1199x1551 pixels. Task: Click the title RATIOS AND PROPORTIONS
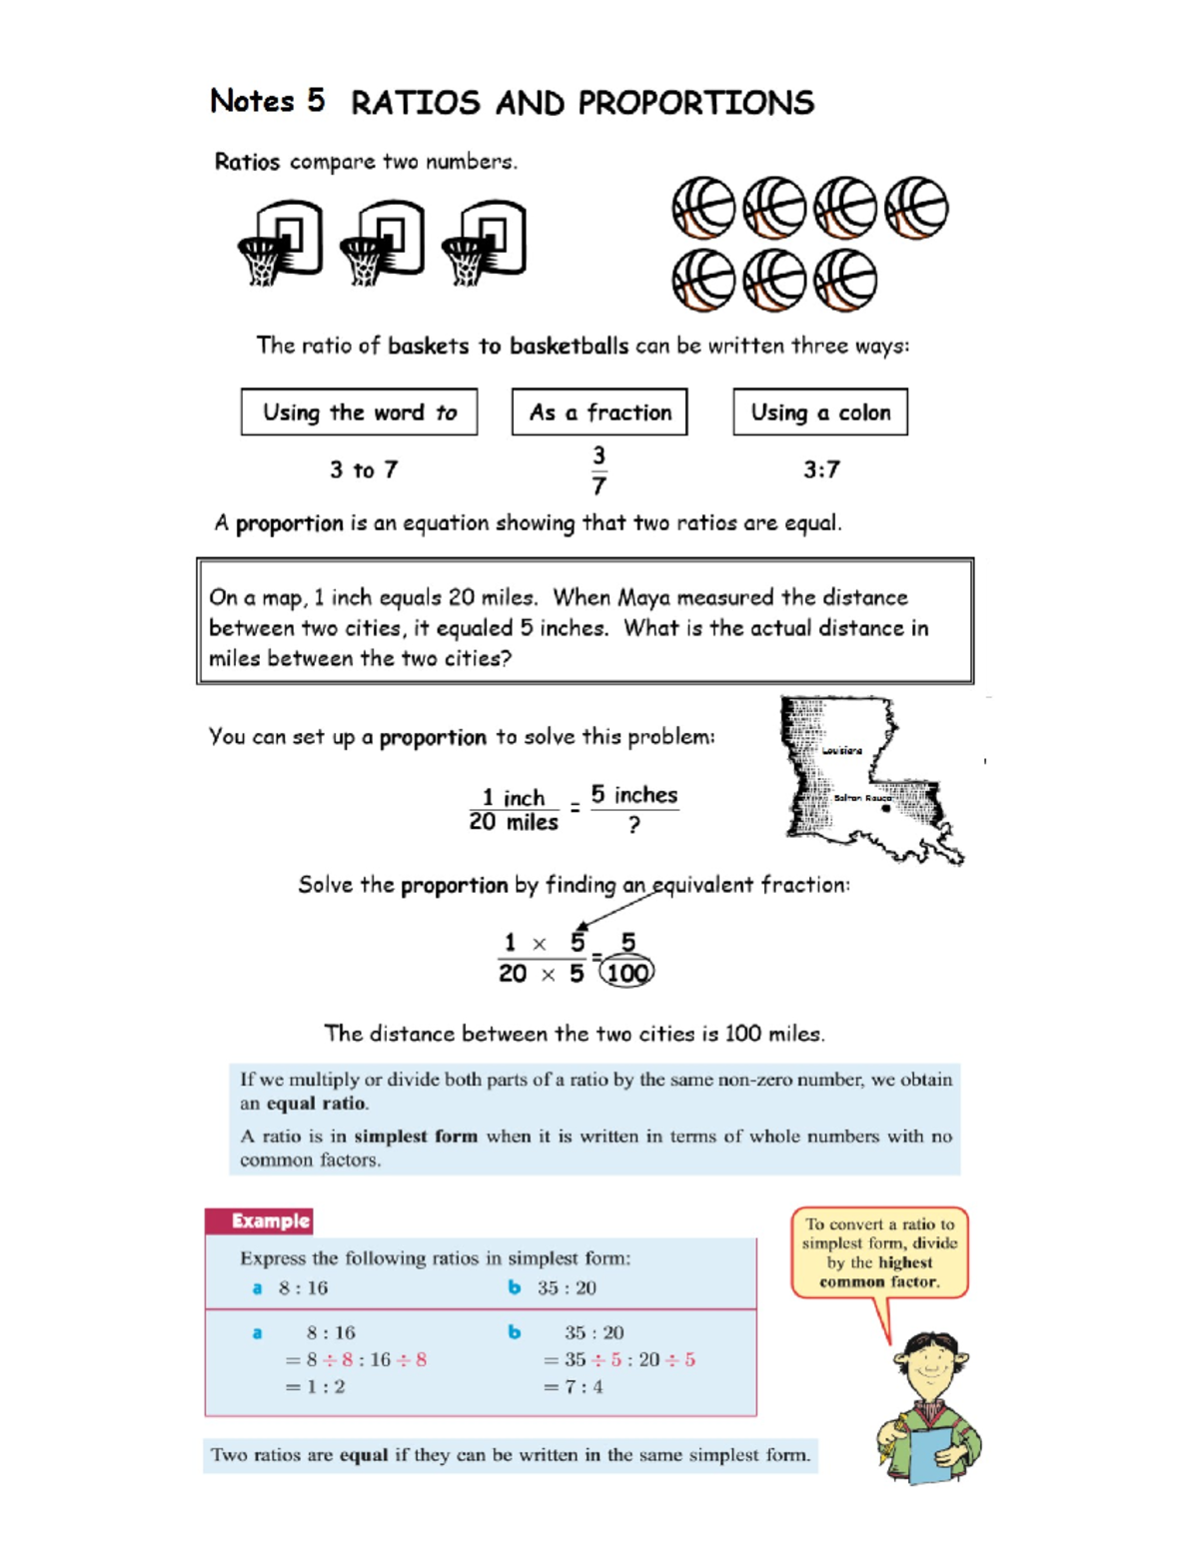point(582,103)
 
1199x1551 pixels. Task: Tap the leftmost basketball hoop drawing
point(281,242)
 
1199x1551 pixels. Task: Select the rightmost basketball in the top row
point(916,208)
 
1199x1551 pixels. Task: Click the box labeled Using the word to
point(359,412)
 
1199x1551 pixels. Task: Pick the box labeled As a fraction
point(599,412)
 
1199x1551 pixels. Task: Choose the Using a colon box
point(820,412)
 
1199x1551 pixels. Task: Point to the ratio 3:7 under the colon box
point(821,469)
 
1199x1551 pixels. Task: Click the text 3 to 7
point(364,469)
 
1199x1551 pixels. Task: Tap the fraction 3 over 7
point(599,470)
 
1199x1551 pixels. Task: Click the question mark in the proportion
point(633,825)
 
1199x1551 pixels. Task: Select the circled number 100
point(626,973)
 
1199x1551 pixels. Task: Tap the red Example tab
point(260,1220)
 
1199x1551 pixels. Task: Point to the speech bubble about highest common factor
point(879,1252)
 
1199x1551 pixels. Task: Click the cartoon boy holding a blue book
point(929,1408)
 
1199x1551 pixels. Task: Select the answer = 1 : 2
point(316,1386)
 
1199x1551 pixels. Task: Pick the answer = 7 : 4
point(574,1386)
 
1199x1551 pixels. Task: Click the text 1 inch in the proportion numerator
point(514,797)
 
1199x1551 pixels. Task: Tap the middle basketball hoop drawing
point(383,242)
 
